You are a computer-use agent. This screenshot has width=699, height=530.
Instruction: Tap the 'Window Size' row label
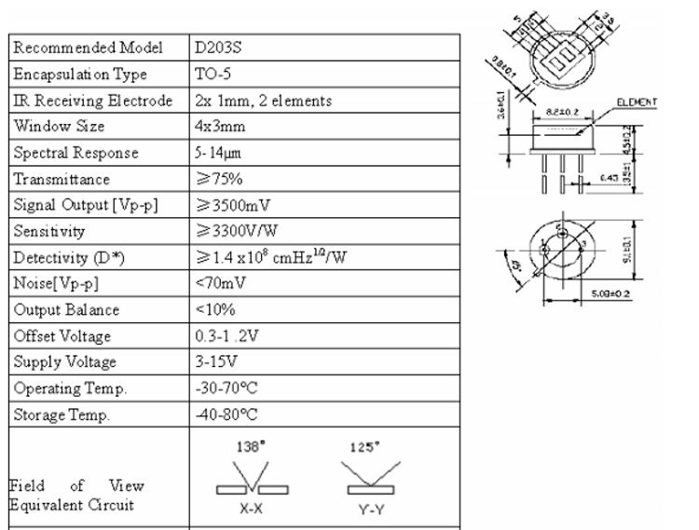[59, 126]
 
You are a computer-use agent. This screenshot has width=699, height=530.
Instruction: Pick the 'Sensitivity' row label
[49, 231]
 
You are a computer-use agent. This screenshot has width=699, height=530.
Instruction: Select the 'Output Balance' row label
[66, 309]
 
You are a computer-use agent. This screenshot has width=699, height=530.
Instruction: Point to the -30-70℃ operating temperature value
[226, 388]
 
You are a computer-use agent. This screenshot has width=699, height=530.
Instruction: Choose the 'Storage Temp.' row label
[62, 414]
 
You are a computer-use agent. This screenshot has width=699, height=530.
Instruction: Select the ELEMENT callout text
[637, 102]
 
